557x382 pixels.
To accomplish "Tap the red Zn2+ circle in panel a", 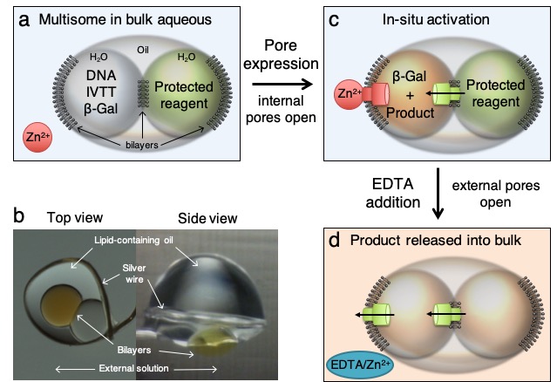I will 37,139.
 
